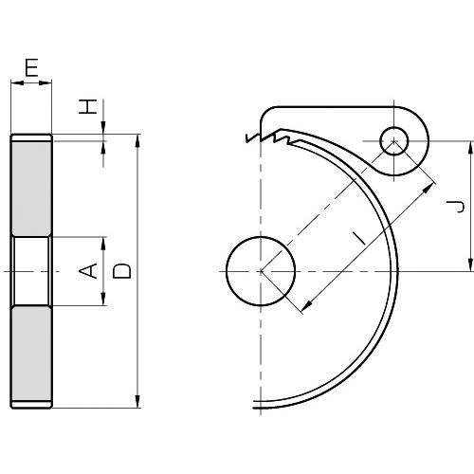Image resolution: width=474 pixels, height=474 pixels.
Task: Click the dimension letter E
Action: [x=31, y=67]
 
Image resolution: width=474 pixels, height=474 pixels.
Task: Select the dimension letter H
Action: [x=87, y=106]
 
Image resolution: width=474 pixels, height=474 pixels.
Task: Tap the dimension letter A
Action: [x=88, y=271]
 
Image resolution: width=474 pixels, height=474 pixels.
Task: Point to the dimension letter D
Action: [x=122, y=271]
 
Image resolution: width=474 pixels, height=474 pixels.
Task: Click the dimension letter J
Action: [x=456, y=207]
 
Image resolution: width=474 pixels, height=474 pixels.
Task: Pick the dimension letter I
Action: [x=359, y=238]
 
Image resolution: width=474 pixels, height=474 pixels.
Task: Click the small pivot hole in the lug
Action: [x=393, y=141]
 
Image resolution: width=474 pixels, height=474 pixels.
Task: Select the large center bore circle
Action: [x=261, y=271]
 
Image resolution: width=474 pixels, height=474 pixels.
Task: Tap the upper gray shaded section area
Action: [x=31, y=189]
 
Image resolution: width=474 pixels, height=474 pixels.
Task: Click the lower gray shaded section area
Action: [x=31, y=354]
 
